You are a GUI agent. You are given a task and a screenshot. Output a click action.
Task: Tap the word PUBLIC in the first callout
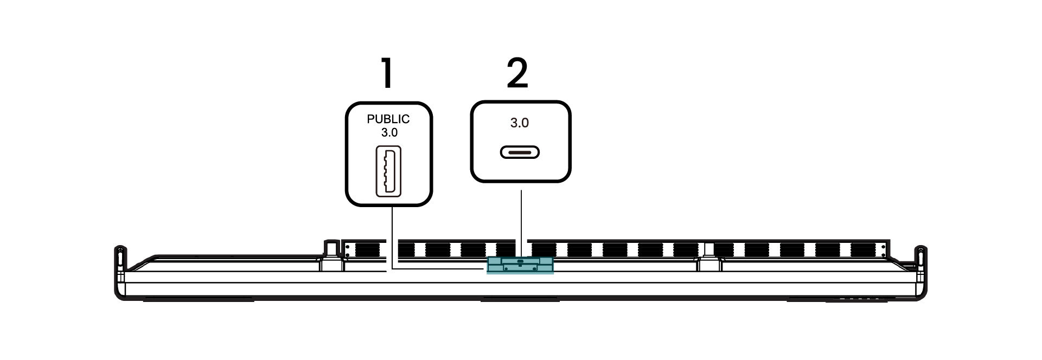(x=388, y=119)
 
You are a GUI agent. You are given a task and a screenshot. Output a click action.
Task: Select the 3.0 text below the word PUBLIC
(x=389, y=132)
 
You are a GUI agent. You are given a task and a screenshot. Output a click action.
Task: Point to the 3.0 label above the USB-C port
(x=520, y=123)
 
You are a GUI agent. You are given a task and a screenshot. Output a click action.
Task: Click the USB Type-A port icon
(x=388, y=171)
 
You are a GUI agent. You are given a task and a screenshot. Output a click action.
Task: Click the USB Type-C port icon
(x=520, y=152)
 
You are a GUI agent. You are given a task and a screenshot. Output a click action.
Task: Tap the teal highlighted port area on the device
(x=520, y=265)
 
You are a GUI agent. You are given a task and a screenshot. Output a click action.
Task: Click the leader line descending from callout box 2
(x=521, y=222)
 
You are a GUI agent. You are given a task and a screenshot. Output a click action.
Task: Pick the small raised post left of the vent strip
(x=330, y=248)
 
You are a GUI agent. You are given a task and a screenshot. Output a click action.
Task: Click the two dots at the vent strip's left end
(x=347, y=250)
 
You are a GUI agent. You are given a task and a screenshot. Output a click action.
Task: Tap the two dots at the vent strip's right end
(x=884, y=250)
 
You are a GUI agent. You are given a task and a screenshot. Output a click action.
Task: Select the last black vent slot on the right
(x=864, y=250)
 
